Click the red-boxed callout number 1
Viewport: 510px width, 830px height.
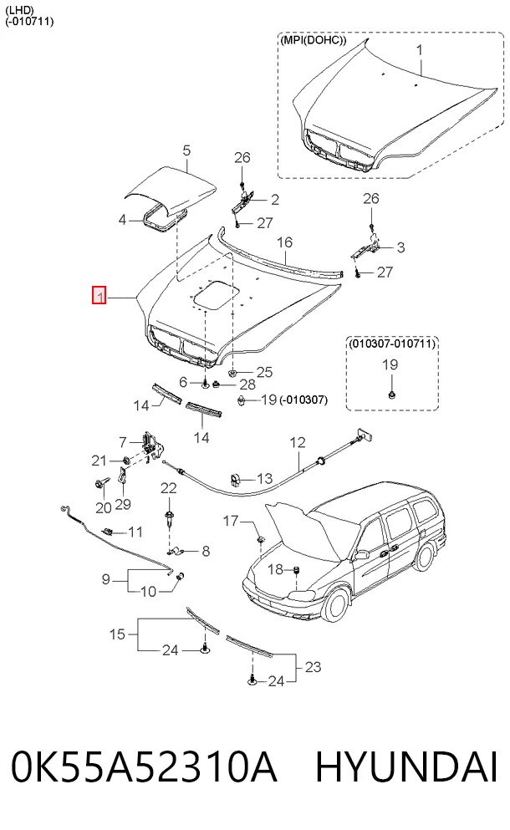coord(99,295)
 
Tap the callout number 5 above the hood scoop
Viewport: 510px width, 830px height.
coord(186,150)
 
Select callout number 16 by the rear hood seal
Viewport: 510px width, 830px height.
coord(284,242)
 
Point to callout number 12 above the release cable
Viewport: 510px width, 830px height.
coord(298,442)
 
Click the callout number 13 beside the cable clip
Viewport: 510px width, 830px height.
coord(264,479)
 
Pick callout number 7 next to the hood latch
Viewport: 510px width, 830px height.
coord(123,441)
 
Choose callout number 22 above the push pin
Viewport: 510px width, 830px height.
coord(168,488)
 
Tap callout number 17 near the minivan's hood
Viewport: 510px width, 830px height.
coord(231,522)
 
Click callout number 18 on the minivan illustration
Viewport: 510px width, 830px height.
coord(275,569)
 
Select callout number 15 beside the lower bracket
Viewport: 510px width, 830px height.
coord(118,634)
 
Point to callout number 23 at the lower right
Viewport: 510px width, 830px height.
coord(313,666)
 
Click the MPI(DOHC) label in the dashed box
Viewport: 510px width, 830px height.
coord(313,40)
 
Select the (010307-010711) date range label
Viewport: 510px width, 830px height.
coord(392,344)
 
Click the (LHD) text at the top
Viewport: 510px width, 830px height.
coord(19,10)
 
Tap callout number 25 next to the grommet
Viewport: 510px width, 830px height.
coord(264,372)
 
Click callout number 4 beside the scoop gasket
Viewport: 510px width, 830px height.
coord(122,219)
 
